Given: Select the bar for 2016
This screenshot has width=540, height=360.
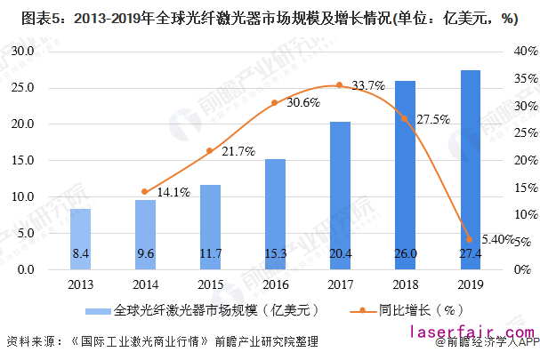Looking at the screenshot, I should pyautogui.click(x=275, y=213).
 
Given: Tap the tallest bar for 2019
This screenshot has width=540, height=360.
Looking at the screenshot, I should pyautogui.click(x=470, y=169).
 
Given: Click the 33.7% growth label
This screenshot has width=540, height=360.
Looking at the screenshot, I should pyautogui.click(x=367, y=86).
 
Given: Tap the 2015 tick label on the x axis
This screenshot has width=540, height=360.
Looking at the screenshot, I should pyautogui.click(x=210, y=284).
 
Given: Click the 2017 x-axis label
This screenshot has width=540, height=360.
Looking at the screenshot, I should pyautogui.click(x=340, y=284).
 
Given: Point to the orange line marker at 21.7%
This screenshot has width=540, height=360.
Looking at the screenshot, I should pyautogui.click(x=210, y=150).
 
